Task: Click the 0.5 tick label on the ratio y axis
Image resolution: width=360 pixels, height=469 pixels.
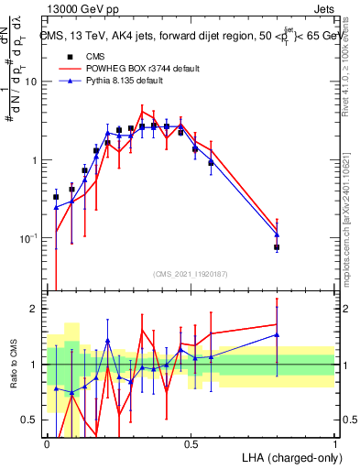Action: (x=29, y=420)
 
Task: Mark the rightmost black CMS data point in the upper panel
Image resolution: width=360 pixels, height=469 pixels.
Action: (x=277, y=247)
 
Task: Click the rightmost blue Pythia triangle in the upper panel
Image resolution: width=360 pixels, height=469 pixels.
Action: (x=277, y=235)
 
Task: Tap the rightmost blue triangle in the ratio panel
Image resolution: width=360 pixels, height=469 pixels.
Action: (x=277, y=334)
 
